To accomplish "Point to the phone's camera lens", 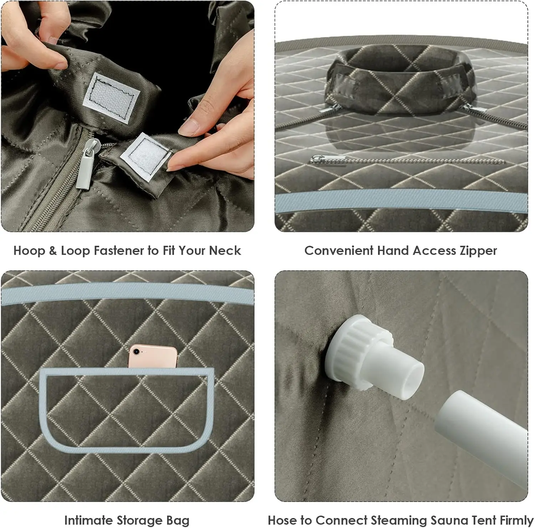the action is [136, 351].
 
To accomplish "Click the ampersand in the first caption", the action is [53, 250].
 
